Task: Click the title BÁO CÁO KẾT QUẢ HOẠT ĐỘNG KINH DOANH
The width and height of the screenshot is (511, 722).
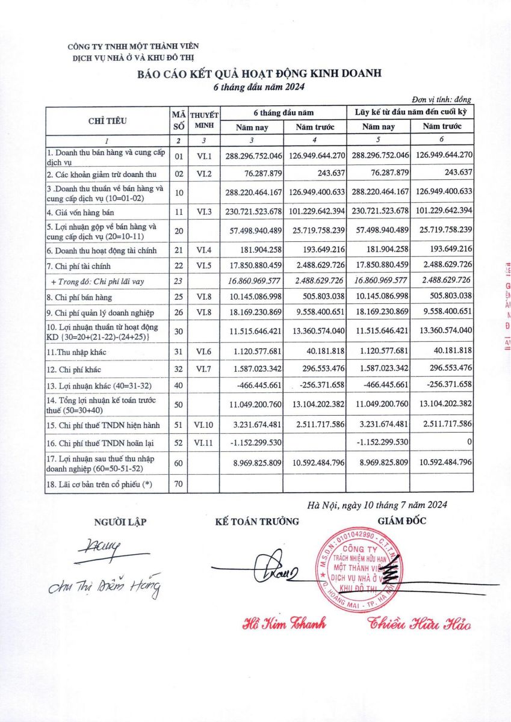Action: click(259, 74)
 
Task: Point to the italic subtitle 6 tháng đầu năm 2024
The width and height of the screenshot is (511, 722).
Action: click(260, 87)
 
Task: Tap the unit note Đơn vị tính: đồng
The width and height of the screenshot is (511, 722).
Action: click(441, 99)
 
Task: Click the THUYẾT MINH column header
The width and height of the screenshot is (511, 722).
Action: click(204, 120)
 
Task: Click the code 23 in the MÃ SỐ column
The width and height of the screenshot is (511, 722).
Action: click(178, 280)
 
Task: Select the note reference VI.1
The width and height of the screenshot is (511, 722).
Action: click(203, 156)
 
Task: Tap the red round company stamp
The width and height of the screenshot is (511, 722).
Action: click(362, 569)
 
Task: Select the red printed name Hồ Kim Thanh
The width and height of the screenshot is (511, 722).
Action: click(283, 623)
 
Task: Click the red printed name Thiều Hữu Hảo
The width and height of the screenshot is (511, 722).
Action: click(420, 623)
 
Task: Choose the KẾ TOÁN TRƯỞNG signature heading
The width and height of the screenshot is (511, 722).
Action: click(257, 521)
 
